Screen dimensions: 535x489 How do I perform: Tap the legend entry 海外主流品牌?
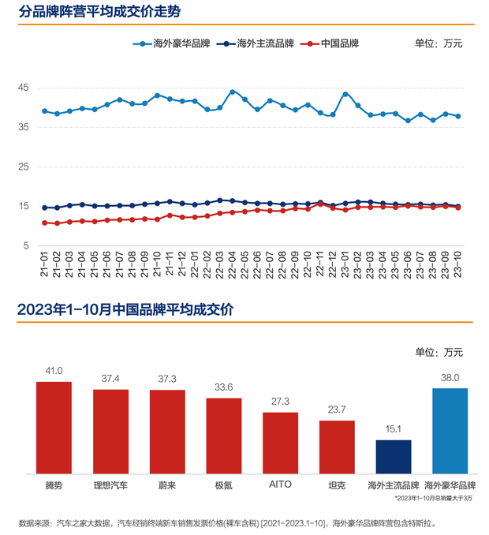click(x=262, y=43)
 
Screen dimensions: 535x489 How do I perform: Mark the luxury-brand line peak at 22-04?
click(x=232, y=92)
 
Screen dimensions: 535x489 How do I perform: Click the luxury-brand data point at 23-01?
click(x=345, y=94)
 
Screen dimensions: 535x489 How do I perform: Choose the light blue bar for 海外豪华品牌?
click(x=450, y=431)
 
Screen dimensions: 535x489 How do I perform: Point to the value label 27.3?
click(x=280, y=402)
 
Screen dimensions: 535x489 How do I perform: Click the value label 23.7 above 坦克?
click(x=337, y=410)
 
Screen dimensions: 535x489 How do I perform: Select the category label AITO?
click(x=280, y=484)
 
